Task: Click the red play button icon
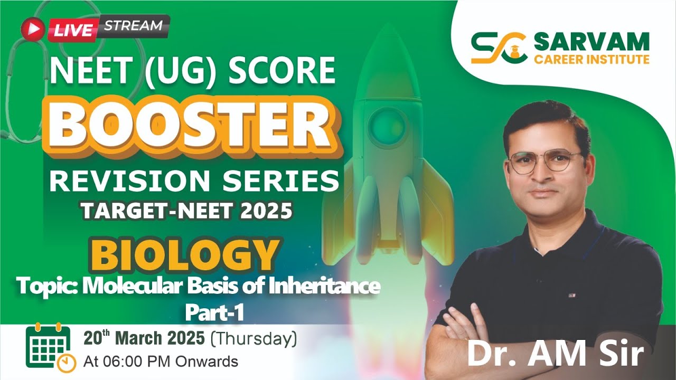click(33, 30)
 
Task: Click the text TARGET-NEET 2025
click(186, 211)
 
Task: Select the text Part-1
click(214, 312)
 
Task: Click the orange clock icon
click(67, 363)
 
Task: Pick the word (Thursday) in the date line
click(253, 338)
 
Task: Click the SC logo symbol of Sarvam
click(498, 47)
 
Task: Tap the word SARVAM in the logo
click(591, 41)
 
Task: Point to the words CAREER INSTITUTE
click(591, 59)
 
